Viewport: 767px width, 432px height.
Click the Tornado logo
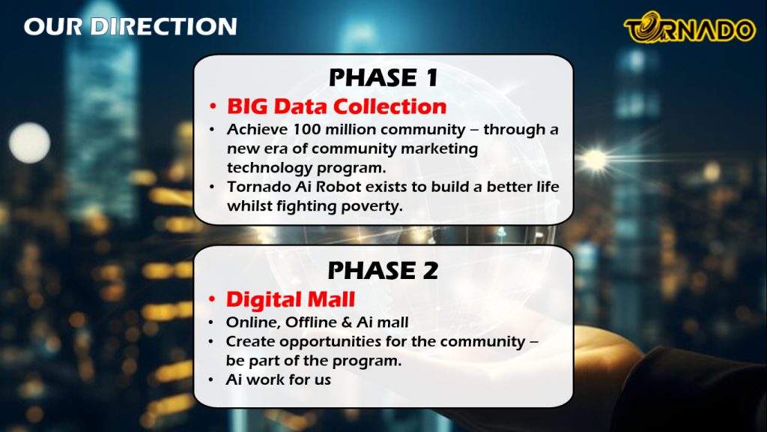point(690,28)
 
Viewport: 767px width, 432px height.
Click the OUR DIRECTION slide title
point(130,26)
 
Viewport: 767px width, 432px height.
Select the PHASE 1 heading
point(383,77)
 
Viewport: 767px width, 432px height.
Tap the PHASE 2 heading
point(383,270)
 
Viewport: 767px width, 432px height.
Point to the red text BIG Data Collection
point(336,106)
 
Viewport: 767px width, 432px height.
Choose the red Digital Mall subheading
point(291,299)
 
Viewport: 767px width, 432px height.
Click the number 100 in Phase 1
point(306,129)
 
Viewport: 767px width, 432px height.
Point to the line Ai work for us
point(279,379)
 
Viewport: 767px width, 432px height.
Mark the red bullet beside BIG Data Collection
point(213,106)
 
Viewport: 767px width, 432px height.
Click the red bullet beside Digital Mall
point(212,299)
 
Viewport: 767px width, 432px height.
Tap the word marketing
point(439,149)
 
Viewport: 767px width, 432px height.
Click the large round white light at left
point(30,143)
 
